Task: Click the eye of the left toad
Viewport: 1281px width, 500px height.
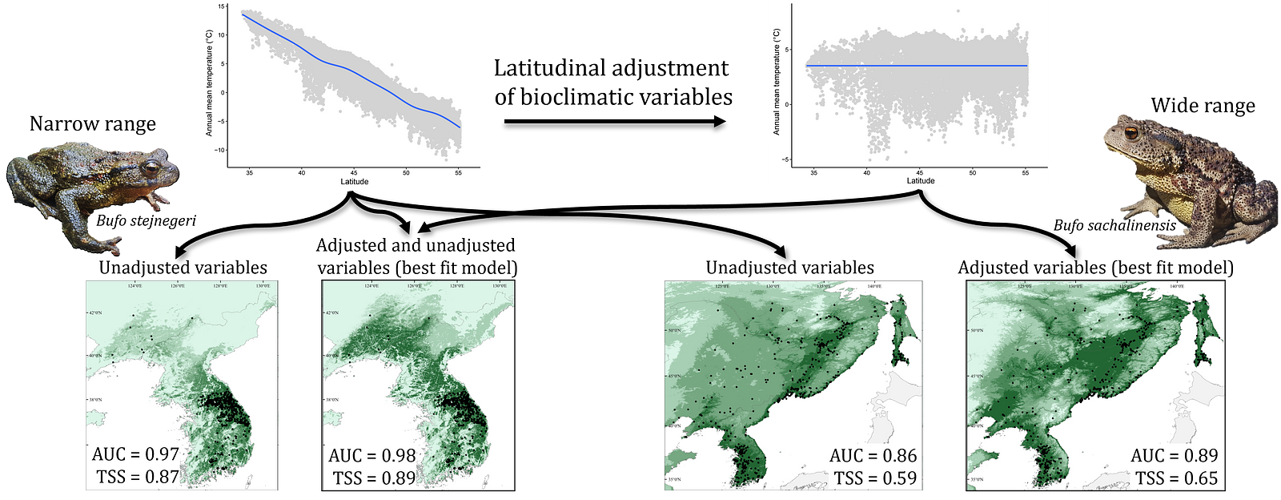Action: coord(151,169)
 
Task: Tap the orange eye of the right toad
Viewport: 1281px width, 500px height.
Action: coord(1131,132)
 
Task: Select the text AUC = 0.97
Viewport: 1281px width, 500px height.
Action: coord(135,454)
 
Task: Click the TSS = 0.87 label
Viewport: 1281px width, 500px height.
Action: coord(138,477)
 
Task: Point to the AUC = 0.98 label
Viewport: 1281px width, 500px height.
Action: coord(372,456)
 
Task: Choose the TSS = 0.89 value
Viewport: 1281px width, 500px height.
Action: coord(375,478)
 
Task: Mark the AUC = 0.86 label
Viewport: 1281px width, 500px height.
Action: coord(873,456)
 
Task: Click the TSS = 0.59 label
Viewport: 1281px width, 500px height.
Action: coord(875,478)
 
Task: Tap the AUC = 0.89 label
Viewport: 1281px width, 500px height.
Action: coord(1174,456)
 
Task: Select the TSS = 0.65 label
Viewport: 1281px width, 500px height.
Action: coord(1176,478)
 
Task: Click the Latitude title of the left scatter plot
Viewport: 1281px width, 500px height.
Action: coord(355,182)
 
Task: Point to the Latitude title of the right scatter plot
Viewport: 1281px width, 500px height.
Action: coord(921,181)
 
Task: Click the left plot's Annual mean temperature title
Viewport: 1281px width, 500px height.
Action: coord(210,83)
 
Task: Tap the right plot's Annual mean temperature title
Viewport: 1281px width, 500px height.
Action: coord(777,82)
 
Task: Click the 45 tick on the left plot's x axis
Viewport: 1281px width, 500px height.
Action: coord(354,173)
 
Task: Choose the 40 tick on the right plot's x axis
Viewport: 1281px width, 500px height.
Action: coord(867,172)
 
